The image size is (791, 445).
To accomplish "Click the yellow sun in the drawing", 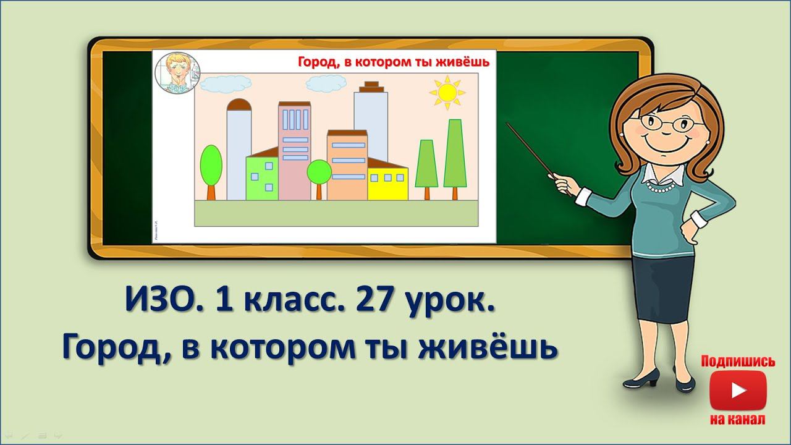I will (x=446, y=92).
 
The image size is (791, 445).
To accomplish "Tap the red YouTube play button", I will (x=738, y=391).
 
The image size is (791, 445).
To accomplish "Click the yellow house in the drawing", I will (x=387, y=184).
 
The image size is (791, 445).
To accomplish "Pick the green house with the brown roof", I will (x=262, y=177).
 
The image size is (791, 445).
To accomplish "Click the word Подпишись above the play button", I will (x=738, y=362).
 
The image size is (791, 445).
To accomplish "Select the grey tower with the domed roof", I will (x=239, y=148).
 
